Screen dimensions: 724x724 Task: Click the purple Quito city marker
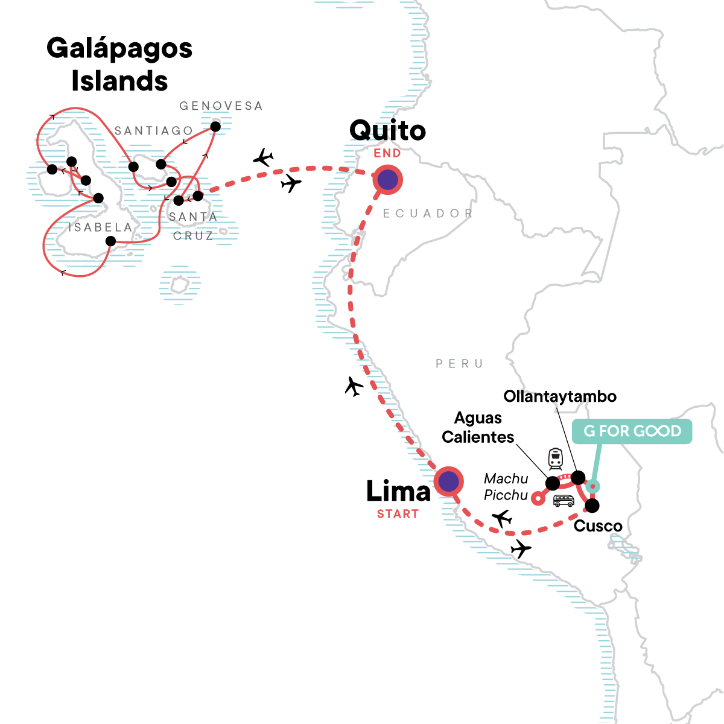(387, 179)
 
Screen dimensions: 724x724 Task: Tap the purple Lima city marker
(448, 482)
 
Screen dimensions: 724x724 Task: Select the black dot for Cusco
(592, 505)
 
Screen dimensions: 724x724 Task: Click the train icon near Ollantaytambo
(555, 459)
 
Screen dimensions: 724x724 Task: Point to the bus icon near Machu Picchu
(564, 500)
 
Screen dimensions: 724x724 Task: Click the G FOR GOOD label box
(632, 431)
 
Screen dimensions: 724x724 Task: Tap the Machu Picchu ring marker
(537, 498)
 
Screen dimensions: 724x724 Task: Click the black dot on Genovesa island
(215, 127)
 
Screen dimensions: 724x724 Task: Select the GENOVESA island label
(221, 106)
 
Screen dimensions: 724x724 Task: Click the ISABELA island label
(100, 227)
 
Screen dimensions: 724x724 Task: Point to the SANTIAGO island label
(153, 131)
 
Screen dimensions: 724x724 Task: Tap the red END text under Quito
(387, 153)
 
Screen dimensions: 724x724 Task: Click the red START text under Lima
(398, 514)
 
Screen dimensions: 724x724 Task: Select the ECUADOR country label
(428, 214)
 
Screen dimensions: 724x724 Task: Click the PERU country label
(460, 364)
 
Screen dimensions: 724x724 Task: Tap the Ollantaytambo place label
(560, 396)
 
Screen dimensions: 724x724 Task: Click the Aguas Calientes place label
(478, 427)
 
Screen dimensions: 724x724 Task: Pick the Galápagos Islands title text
(119, 65)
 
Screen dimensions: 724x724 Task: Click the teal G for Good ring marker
(594, 486)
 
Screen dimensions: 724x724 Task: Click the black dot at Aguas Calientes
(552, 483)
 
